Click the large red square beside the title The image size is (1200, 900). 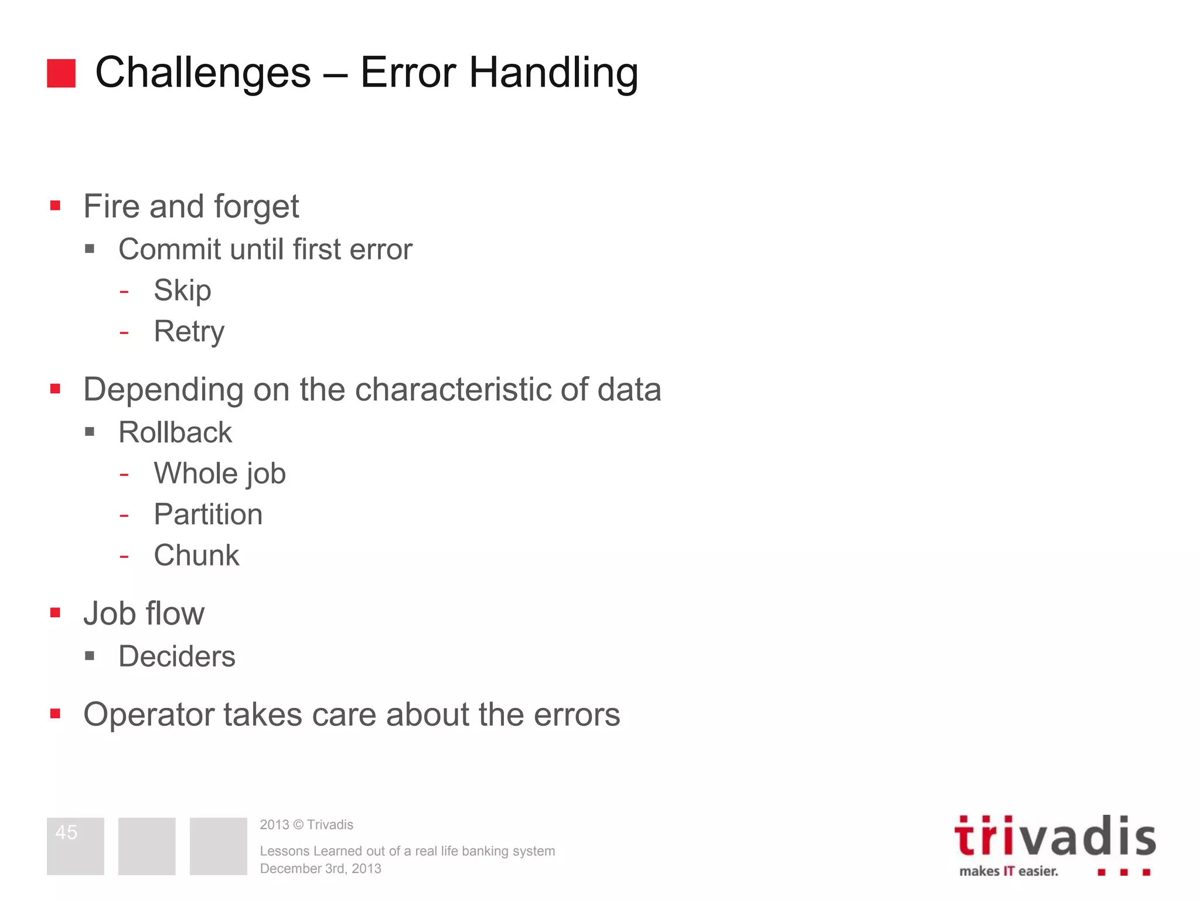tap(61, 73)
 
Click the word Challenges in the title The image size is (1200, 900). tap(203, 73)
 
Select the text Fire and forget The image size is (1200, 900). tap(191, 206)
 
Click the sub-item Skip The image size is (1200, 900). tap(182, 291)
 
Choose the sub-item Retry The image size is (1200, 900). tap(189, 332)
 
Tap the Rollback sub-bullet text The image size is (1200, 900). tap(175, 432)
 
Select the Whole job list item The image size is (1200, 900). tap(220, 473)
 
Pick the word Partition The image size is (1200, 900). tap(208, 514)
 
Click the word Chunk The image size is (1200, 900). tap(196, 555)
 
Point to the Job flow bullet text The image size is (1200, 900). tap(144, 613)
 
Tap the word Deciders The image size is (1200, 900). tap(177, 656)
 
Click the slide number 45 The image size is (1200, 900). tap(66, 832)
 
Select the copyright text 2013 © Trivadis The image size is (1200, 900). tap(306, 824)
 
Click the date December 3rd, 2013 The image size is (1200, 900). tap(321, 868)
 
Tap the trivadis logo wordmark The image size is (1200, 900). tap(1055, 837)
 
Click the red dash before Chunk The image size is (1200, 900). tap(124, 555)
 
